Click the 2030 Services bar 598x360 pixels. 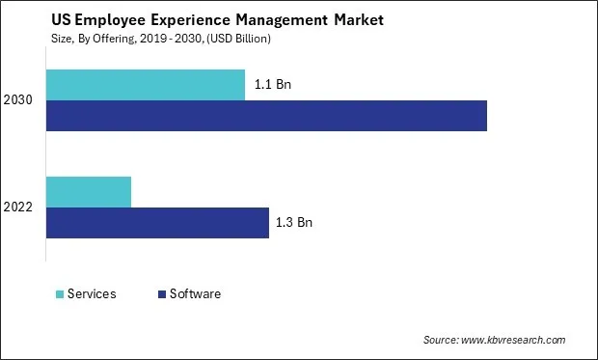(145, 85)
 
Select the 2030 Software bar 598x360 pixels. (266, 115)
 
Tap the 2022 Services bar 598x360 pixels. (89, 192)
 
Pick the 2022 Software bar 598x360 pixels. (157, 223)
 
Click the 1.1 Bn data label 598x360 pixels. (273, 85)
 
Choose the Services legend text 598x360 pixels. (92, 294)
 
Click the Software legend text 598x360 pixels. (195, 294)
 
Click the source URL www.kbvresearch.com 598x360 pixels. (514, 340)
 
